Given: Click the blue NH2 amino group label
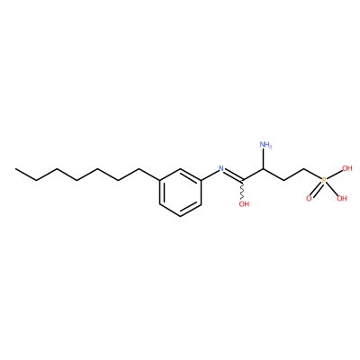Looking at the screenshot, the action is coord(265,145).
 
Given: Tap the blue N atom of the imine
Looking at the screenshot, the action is coord(221,168).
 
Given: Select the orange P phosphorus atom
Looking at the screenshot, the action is coord(323,180).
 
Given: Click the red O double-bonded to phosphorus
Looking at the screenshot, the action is coord(309,198).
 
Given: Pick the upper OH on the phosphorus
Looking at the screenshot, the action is coord(346,168).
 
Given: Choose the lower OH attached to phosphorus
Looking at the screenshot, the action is coord(342,198).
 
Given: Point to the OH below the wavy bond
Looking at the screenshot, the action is coord(244,204).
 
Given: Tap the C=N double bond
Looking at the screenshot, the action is coord(233,175).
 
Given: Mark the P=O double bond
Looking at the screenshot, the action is coord(317,189).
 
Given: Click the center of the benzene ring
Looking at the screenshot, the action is coord(180,193).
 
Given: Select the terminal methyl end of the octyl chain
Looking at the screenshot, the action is coord(15,168).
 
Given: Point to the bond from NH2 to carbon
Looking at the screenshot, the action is coord(263,159).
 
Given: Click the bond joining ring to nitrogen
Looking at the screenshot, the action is coord(210,175).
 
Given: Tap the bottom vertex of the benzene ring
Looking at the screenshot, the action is coord(180,216).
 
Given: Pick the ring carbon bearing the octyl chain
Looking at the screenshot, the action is coord(159,180).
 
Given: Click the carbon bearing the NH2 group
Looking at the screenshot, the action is coord(263,168).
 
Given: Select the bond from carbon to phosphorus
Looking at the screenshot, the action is coord(312,174).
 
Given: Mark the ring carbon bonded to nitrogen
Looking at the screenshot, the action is coord(201,180).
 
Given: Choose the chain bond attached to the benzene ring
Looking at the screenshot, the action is coord(149,175).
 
